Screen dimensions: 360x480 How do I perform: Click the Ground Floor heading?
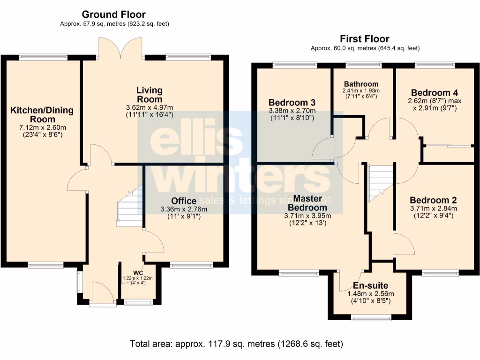114,15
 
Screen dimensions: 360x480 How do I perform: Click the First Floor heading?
365,39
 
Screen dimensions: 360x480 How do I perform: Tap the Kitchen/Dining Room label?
42,115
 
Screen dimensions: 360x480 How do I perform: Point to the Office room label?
183,201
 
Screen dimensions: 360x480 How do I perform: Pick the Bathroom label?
360,84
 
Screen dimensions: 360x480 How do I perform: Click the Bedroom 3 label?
292,103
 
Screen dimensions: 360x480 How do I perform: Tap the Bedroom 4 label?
434,92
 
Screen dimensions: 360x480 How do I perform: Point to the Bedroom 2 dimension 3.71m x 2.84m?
434,209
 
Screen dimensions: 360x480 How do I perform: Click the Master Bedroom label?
307,203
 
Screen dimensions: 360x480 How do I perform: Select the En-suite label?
371,285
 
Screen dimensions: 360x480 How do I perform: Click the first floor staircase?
380,183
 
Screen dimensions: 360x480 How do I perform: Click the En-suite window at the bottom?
371,318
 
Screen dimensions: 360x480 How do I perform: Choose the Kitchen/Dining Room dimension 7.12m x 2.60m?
42,127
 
